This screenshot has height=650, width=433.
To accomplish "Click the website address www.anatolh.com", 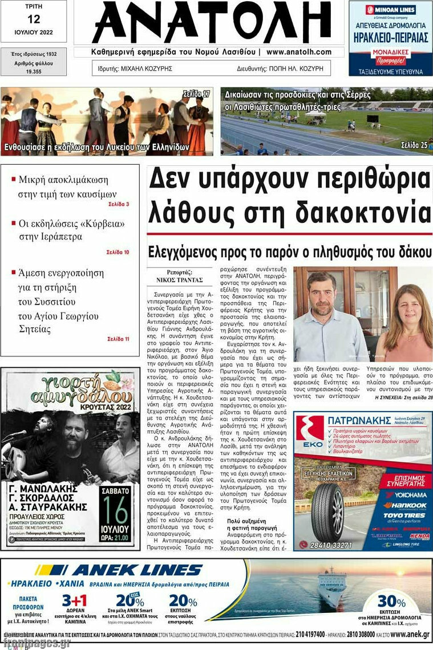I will click(298, 52).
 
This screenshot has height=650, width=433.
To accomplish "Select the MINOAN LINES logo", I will click(390, 10).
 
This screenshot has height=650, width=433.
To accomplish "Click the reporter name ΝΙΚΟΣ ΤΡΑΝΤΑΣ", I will click(180, 280).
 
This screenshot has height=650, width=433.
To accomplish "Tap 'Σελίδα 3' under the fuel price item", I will click(119, 204).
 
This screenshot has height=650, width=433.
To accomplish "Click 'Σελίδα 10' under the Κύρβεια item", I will click(118, 252).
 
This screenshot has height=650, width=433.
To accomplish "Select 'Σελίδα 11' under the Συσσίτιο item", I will click(118, 339).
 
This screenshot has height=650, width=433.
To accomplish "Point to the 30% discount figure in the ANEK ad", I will click(391, 601).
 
